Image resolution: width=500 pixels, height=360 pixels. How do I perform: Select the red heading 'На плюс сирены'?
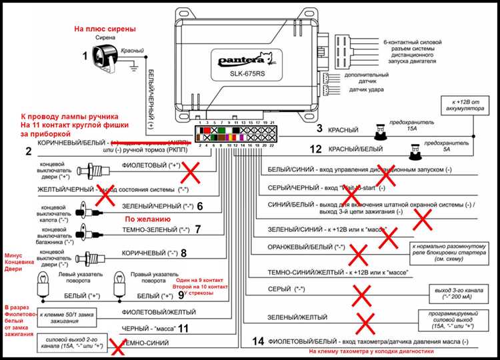click(x=105, y=29)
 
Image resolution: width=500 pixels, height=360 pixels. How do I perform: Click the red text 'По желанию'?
click(x=148, y=218)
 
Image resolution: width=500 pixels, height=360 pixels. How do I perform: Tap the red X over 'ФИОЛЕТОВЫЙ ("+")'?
click(x=193, y=173)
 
